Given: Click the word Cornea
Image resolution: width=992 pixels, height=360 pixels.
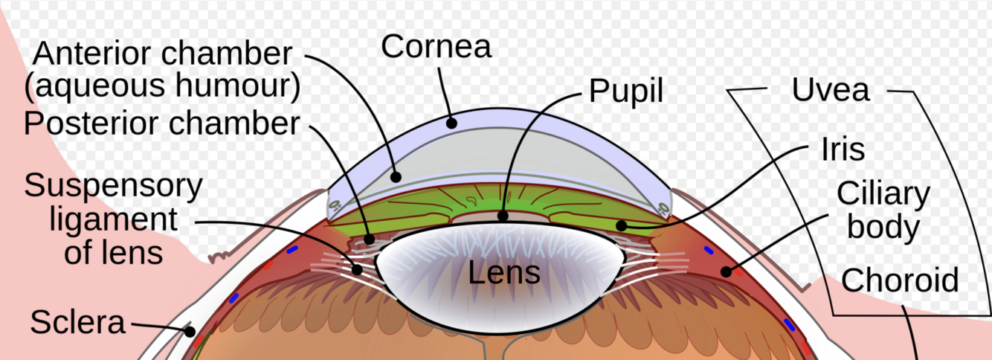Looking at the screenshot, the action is tap(437, 46).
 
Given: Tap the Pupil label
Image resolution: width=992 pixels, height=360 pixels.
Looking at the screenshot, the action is tap(625, 91).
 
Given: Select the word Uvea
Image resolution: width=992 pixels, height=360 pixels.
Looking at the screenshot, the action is tap(830, 90).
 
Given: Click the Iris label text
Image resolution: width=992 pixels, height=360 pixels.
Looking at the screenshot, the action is tap(843, 150).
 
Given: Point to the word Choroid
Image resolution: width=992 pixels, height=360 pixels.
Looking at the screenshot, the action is tap(900, 281).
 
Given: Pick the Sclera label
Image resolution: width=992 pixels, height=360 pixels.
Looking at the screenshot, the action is tap(77, 323).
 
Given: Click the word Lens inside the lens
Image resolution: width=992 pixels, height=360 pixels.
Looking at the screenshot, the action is tap(503, 273).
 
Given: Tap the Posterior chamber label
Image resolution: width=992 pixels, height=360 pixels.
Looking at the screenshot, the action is tap(161, 123).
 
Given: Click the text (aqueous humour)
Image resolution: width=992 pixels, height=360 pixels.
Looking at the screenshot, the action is tap(162, 88).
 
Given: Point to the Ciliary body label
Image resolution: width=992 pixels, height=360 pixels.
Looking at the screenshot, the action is tap(883, 210).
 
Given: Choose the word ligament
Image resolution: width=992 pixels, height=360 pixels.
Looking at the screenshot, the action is tap(114, 219).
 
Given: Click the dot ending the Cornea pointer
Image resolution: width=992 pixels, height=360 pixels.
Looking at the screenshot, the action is tap(451, 123).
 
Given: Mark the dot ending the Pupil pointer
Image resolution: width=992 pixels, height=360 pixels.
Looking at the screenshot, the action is tap(503, 216).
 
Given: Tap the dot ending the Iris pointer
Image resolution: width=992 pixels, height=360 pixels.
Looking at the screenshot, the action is tap(620, 225).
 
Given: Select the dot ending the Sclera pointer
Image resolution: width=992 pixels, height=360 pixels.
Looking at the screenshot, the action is tap(190, 332).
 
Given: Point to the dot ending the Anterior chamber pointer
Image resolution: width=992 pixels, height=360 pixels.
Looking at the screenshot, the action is tap(397, 177).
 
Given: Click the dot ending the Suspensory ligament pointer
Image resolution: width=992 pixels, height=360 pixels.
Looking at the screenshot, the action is tap(357, 269).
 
